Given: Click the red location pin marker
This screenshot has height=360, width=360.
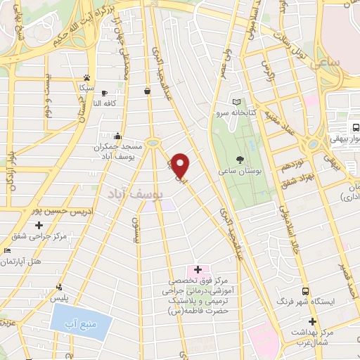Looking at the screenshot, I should (x=181, y=165).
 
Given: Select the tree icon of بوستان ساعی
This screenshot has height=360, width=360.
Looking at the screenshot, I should (x=240, y=160).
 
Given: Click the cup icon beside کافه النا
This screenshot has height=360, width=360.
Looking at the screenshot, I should (x=104, y=93).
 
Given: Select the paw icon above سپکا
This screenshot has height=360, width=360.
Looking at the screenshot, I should (x=86, y=77).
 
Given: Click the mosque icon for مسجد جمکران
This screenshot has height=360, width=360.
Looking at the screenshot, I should (x=117, y=136).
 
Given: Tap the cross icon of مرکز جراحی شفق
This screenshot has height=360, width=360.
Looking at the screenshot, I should (x=20, y=226).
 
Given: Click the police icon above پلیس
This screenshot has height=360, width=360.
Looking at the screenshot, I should (x=60, y=287).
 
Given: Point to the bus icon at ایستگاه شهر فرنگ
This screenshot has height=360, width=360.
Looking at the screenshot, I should (x=304, y=290).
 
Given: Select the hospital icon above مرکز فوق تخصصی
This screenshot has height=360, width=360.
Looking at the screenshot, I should (x=198, y=269).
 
